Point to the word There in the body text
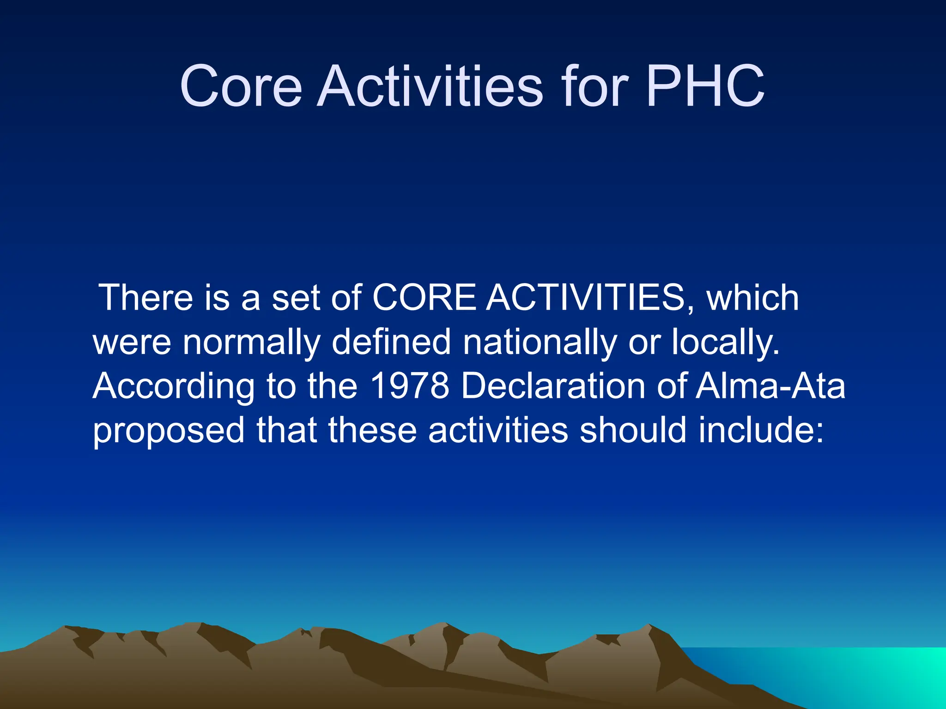click(x=146, y=298)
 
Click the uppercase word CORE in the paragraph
click(x=424, y=298)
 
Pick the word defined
click(x=391, y=342)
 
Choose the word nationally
click(x=540, y=342)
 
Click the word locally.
click(x=725, y=342)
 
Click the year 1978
click(x=410, y=386)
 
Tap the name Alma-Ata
click(x=770, y=386)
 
